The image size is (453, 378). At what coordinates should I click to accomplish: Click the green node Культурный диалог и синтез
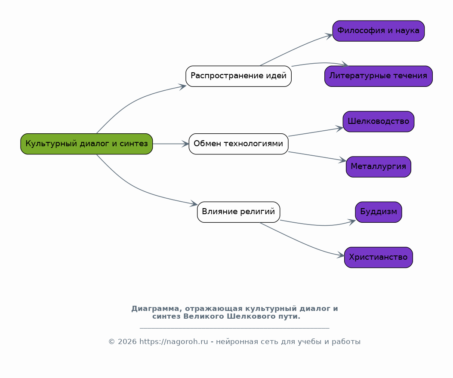pyautogui.click(x=86, y=144)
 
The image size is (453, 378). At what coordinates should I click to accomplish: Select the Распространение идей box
pyautogui.click(x=238, y=76)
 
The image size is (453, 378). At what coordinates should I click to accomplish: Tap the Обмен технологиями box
pyautogui.click(x=238, y=144)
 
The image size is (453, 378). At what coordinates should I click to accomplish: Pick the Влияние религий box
pyautogui.click(x=238, y=212)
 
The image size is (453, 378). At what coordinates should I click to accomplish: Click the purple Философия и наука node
pyautogui.click(x=378, y=31)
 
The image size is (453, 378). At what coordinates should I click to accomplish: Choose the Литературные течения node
pyautogui.click(x=378, y=76)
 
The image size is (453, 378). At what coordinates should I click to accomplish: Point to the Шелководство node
pyautogui.click(x=378, y=122)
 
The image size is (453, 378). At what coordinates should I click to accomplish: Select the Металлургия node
pyautogui.click(x=378, y=166)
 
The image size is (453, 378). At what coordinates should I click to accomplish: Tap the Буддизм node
pyautogui.click(x=378, y=212)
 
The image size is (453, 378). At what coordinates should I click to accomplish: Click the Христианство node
pyautogui.click(x=378, y=257)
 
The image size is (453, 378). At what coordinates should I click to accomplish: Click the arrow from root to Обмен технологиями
pyautogui.click(x=171, y=144)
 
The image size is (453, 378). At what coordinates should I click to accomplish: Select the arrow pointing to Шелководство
pyautogui.click(x=316, y=132)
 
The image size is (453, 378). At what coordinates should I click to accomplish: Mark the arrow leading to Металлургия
pyautogui.click(x=317, y=156)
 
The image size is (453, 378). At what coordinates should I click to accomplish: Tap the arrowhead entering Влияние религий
pyautogui.click(x=194, y=203)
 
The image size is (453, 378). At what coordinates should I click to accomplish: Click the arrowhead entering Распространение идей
pyautogui.click(x=182, y=86)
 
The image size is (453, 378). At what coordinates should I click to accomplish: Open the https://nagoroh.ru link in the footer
pyautogui.click(x=174, y=341)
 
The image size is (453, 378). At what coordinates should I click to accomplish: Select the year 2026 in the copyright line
pyautogui.click(x=127, y=341)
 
